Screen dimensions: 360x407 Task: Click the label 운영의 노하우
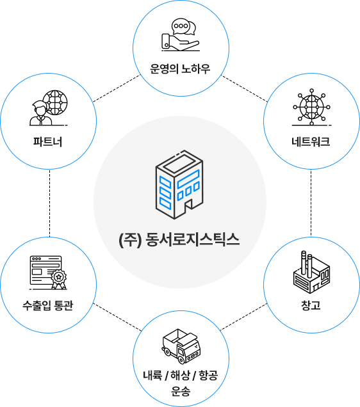tap(180, 68)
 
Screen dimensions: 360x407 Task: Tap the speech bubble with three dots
tap(180, 26)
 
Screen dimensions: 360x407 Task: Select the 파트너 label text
tap(48, 141)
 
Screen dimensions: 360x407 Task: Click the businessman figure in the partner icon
tap(40, 113)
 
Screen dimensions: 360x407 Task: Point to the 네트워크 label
tap(311, 141)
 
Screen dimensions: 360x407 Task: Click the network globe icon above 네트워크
tap(312, 107)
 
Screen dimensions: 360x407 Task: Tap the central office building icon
tap(179, 184)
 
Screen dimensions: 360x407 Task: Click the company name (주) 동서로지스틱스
tap(179, 239)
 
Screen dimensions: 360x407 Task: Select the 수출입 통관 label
tap(48, 305)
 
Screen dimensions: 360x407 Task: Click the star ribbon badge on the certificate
tap(59, 279)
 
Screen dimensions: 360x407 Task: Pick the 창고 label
tap(311, 305)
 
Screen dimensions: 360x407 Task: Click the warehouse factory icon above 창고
tap(311, 272)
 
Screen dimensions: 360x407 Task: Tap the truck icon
tap(181, 346)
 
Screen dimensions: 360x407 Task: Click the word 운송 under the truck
tap(181, 391)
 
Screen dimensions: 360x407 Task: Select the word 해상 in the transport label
tap(180, 376)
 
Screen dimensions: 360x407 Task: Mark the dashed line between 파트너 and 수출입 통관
tap(49, 203)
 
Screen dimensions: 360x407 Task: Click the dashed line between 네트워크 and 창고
tap(311, 203)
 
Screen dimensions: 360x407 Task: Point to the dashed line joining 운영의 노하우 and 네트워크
tap(244, 88)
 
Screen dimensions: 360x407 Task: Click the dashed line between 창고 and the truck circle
tap(243, 317)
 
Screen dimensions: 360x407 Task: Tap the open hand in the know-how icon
tap(180, 42)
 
